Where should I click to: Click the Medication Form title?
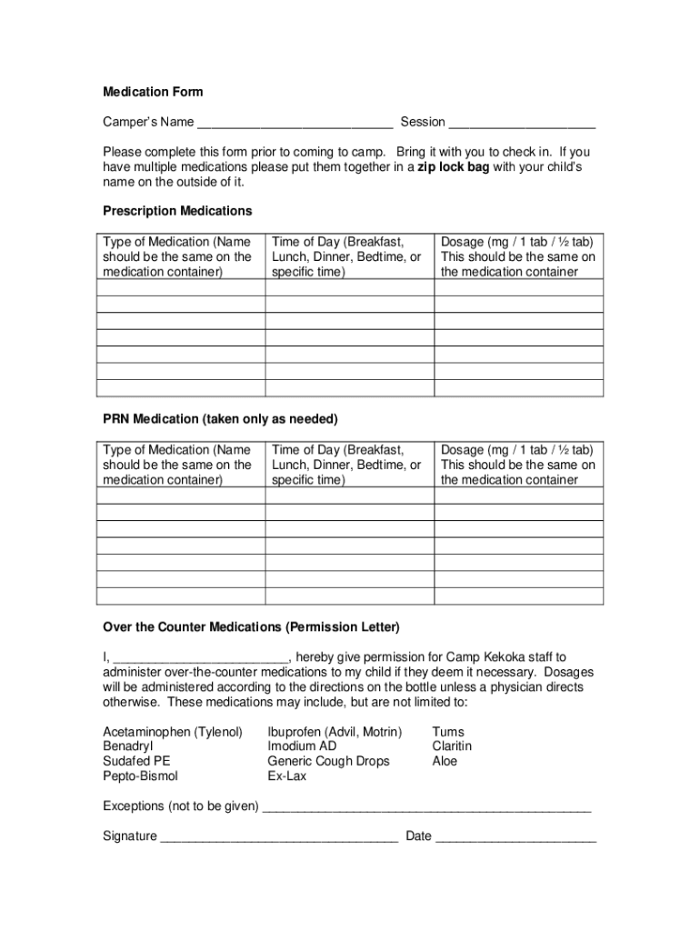(x=153, y=92)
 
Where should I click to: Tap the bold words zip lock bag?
(x=453, y=167)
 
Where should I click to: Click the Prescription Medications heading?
(x=177, y=211)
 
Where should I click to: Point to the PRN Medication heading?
(x=220, y=419)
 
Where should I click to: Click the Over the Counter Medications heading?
(x=251, y=627)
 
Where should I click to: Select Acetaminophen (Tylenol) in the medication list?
(x=173, y=732)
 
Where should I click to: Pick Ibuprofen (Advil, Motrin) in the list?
(x=335, y=732)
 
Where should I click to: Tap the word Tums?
(x=448, y=732)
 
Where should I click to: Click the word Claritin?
(x=452, y=746)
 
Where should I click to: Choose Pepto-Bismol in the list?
(x=140, y=776)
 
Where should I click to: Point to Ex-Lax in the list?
(x=287, y=776)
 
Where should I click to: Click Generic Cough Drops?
(x=328, y=761)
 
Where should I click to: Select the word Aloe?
(x=445, y=761)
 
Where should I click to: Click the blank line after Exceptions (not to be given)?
(x=427, y=807)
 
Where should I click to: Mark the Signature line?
(x=279, y=837)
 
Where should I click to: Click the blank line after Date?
(x=515, y=837)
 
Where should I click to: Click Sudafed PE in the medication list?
(x=136, y=761)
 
